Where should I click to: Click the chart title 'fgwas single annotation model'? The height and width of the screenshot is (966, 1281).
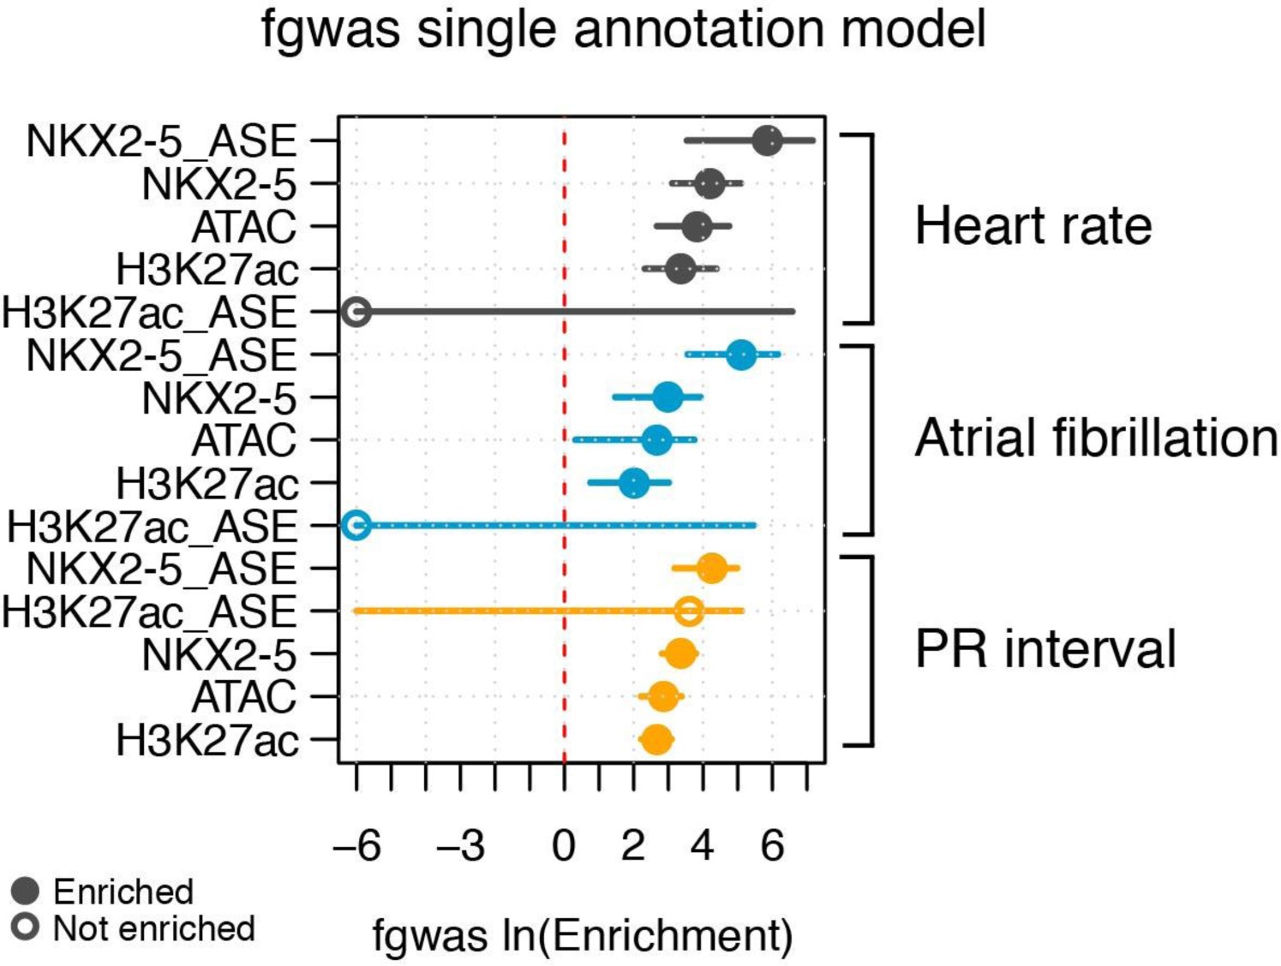click(x=623, y=29)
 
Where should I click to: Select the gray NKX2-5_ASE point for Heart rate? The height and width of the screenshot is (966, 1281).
click(x=767, y=140)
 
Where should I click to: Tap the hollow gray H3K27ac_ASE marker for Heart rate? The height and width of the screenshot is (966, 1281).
click(x=356, y=312)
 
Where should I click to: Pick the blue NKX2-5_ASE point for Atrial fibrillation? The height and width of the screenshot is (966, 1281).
click(x=741, y=354)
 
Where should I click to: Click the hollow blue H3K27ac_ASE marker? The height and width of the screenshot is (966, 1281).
click(x=356, y=525)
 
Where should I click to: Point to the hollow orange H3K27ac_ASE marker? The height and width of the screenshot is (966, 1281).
click(x=689, y=611)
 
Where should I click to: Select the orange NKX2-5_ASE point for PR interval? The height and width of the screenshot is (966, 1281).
click(x=711, y=568)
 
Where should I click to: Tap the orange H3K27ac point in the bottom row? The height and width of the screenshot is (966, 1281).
click(x=655, y=739)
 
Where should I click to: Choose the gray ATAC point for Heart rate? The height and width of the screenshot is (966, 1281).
click(x=697, y=226)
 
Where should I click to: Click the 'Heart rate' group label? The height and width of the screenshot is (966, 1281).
click(x=1033, y=226)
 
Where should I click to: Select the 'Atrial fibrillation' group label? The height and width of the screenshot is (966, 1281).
click(x=1096, y=438)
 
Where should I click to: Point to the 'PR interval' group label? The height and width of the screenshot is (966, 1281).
click(x=1045, y=648)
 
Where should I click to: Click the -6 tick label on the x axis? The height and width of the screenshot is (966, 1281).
click(x=356, y=846)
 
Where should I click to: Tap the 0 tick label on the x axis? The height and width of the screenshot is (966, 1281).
click(x=564, y=846)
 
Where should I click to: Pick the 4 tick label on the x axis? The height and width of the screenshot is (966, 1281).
click(x=703, y=846)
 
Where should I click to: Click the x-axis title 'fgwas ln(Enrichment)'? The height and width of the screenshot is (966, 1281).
click(x=583, y=935)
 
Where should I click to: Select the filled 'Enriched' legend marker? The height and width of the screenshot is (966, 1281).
click(x=26, y=891)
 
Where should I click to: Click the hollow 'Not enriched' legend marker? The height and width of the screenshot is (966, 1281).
click(x=26, y=927)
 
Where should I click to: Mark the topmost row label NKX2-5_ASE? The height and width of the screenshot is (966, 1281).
click(x=161, y=141)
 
